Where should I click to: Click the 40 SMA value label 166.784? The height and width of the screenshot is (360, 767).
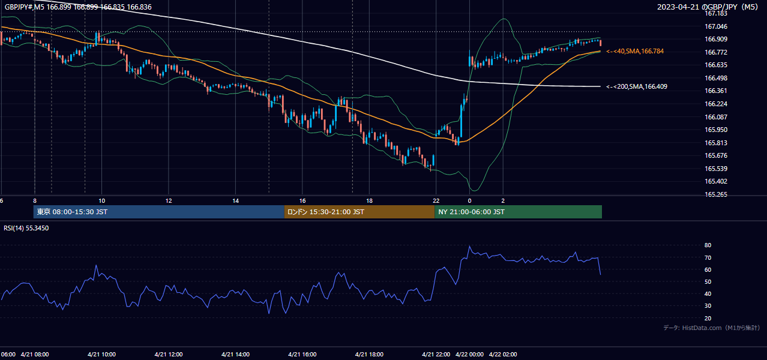pyautogui.click(x=635, y=52)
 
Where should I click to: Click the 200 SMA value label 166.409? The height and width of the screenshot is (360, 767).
pyautogui.click(x=637, y=86)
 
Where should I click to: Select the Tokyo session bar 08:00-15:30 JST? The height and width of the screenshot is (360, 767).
pyautogui.click(x=159, y=212)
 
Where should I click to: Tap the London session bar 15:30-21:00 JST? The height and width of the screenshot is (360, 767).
pyautogui.click(x=359, y=212)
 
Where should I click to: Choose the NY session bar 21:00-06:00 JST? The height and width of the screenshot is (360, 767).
pyautogui.click(x=518, y=212)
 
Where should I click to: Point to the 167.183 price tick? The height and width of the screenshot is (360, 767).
pyautogui.click(x=715, y=13)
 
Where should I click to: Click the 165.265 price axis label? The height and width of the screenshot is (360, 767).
pyautogui.click(x=715, y=194)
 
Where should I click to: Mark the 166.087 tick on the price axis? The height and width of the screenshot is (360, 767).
pyautogui.click(x=715, y=117)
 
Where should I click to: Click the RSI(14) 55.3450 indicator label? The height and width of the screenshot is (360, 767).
pyautogui.click(x=26, y=228)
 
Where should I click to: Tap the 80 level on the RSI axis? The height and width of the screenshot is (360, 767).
pyautogui.click(x=708, y=245)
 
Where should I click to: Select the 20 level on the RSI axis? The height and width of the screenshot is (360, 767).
pyautogui.click(x=708, y=319)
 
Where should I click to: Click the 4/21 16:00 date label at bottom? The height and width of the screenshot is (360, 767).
pyautogui.click(x=302, y=355)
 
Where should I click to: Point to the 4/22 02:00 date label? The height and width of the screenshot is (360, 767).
pyautogui.click(x=503, y=355)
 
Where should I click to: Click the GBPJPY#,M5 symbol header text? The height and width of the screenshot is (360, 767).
pyautogui.click(x=25, y=7)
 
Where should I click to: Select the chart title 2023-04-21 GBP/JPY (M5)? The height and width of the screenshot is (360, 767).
pyautogui.click(x=708, y=7)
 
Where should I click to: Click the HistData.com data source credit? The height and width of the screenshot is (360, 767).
pyautogui.click(x=712, y=328)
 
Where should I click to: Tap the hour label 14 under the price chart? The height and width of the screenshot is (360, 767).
pyautogui.click(x=236, y=201)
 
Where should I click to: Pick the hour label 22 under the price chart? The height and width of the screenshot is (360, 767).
pyautogui.click(x=436, y=201)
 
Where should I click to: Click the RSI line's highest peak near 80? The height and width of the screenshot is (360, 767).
pyautogui.click(x=469, y=247)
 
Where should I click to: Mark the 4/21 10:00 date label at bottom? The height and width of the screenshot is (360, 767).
pyautogui.click(x=101, y=355)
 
